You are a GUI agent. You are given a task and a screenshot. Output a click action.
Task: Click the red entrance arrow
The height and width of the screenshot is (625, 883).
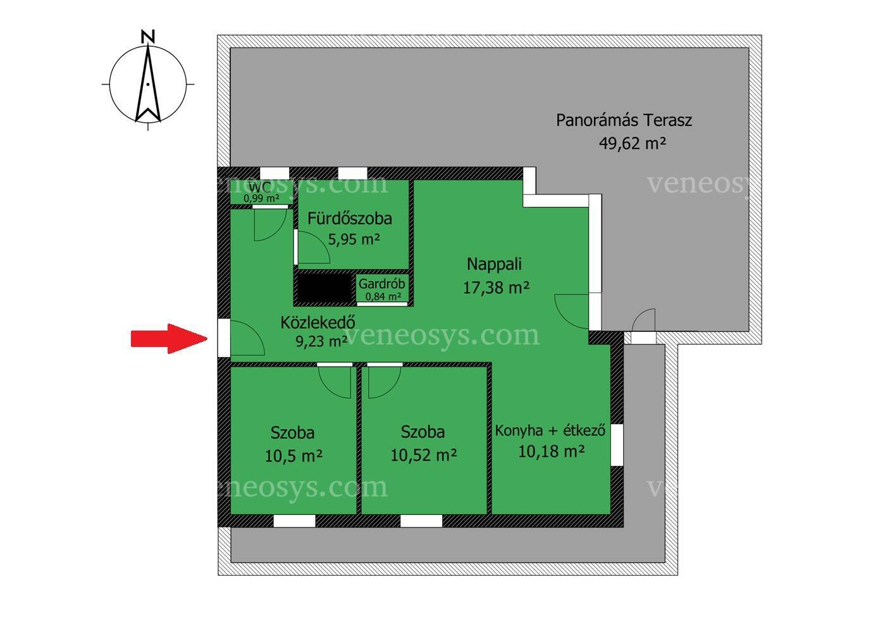click(x=169, y=339)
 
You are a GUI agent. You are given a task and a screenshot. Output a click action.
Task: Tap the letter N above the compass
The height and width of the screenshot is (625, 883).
click(x=148, y=37)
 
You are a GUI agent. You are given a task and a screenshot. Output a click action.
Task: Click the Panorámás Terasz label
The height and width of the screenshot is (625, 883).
click(x=624, y=120)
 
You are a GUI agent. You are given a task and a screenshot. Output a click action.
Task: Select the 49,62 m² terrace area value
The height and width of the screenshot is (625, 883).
click(x=633, y=143)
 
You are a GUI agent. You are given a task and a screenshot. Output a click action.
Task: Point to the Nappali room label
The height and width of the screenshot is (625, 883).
click(x=494, y=264)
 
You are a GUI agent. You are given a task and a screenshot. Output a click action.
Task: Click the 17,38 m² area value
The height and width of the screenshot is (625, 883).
click(x=496, y=287)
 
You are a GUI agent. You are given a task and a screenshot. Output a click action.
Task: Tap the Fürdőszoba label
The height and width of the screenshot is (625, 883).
click(x=350, y=218)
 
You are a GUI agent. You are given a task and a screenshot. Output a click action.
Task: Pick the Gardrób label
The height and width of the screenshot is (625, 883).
click(x=381, y=284)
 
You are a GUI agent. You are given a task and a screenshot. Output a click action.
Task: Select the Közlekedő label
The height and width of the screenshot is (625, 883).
click(x=318, y=323)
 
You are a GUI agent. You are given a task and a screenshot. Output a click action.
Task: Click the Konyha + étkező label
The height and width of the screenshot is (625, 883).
click(x=550, y=431)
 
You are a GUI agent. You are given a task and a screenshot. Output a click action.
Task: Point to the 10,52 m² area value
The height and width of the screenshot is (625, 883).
click(x=424, y=456)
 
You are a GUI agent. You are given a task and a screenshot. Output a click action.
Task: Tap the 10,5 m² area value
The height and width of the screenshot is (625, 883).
click(x=293, y=457)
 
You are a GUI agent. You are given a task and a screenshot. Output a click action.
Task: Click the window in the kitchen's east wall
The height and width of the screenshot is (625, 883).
click(x=617, y=445)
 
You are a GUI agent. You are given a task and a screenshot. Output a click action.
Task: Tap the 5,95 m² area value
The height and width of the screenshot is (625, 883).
click(x=354, y=239)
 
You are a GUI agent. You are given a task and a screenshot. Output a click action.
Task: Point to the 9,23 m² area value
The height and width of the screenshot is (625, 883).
click(x=322, y=341)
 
